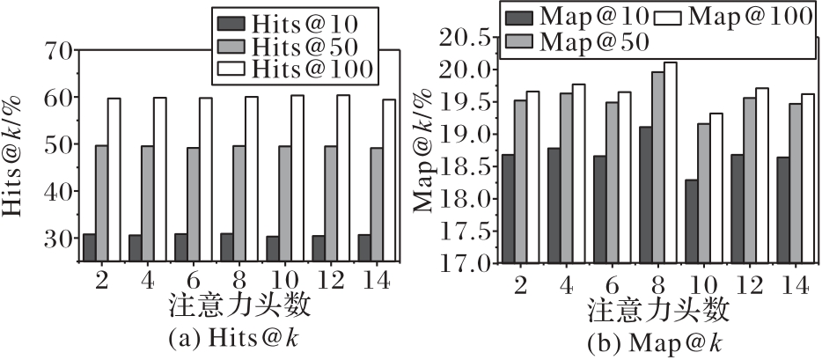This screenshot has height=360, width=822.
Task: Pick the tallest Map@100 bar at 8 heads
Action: [671, 162]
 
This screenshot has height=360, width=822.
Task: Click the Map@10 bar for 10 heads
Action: [692, 221]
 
